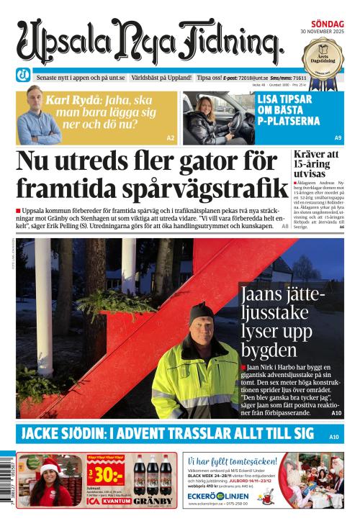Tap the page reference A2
171,137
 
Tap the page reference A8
285,225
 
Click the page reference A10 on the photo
336,414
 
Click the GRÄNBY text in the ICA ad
153,501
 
